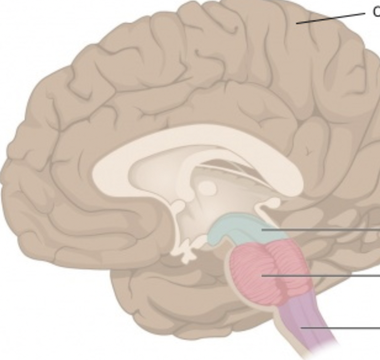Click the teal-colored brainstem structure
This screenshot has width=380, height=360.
coord(238,229)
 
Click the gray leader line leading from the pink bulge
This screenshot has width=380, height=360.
coord(327,276)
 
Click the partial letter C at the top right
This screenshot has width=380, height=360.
coord(376,10)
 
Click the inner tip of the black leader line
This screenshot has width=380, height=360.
coord(297,23)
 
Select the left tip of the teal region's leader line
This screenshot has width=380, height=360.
coord(263,229)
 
